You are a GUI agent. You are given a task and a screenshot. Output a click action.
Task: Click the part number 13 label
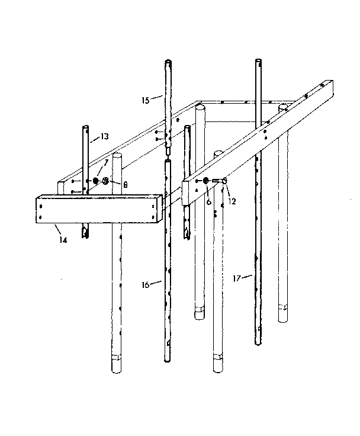[x=104, y=136]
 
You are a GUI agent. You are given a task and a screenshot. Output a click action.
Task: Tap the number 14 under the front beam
[x=62, y=240]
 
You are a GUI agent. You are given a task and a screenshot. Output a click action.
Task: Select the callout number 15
[x=146, y=100]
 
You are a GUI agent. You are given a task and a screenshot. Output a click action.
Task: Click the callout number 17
[x=237, y=276]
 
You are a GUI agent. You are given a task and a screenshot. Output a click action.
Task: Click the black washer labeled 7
[x=96, y=180]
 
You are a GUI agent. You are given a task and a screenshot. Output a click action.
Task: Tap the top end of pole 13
[x=86, y=127]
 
